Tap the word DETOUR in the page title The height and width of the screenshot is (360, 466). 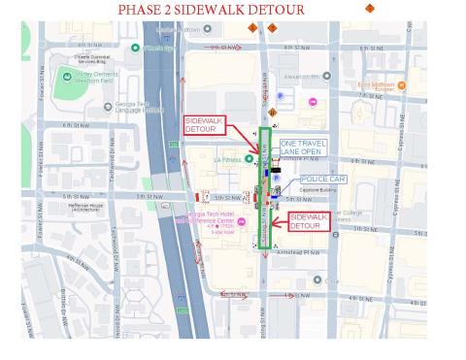tap(275, 10)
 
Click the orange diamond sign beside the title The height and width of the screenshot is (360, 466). tap(369, 8)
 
